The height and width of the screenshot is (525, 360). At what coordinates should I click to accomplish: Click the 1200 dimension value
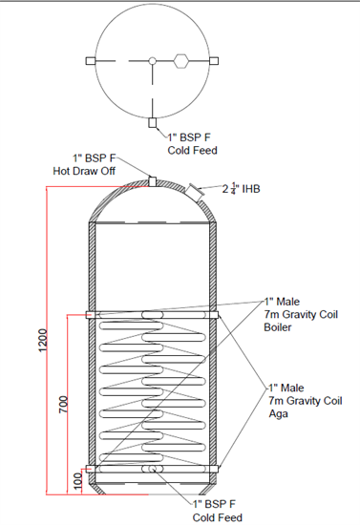(43, 340)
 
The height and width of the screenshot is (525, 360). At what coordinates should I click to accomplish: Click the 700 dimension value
(63, 405)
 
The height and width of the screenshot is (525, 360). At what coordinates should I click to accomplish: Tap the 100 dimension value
(77, 481)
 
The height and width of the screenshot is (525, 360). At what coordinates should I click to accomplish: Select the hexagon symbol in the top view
(181, 61)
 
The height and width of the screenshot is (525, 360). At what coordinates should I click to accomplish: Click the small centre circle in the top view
(153, 61)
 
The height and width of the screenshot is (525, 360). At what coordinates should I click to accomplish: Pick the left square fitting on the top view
(91, 61)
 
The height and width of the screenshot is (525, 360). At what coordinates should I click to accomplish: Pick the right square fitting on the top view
(214, 61)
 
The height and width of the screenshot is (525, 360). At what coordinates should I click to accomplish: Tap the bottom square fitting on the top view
(153, 123)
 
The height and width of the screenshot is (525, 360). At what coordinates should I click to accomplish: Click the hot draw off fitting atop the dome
(153, 181)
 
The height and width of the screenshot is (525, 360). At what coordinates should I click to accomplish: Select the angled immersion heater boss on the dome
(194, 193)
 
